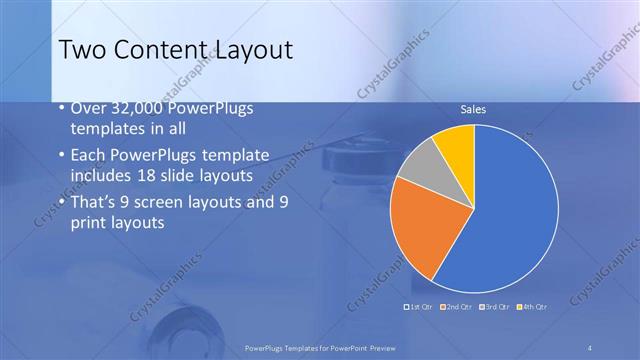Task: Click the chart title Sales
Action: tap(473, 109)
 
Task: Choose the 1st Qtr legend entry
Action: tap(417, 306)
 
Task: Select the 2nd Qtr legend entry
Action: tap(459, 306)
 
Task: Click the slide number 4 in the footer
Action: tap(590, 347)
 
